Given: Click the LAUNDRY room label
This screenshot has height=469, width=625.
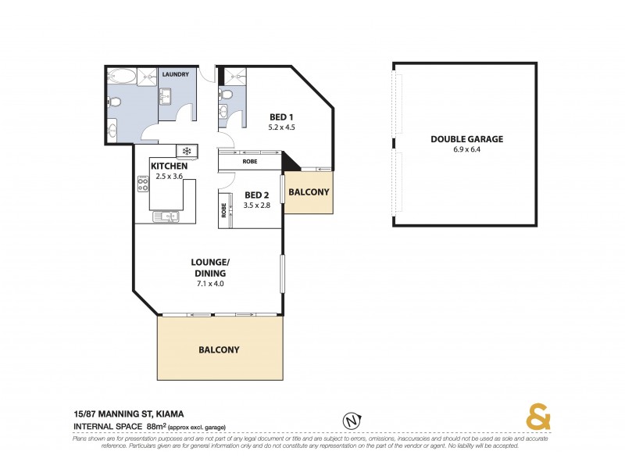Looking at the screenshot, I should coord(175,74).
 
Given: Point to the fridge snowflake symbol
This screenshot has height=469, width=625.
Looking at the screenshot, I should coord(187,150).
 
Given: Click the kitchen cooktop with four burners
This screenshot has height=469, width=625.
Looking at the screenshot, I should coord(143,184).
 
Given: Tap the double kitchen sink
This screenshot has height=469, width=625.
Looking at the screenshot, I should coord(166,217).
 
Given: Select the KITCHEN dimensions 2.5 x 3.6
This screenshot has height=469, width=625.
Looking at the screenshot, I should coord(169,177).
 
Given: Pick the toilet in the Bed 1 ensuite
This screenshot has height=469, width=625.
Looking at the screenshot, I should coord(227,95).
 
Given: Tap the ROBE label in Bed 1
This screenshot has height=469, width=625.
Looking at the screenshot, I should coord(250,162).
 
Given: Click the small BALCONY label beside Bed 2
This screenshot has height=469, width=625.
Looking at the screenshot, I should coord(309,192).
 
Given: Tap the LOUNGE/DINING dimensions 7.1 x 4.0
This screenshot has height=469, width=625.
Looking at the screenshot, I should coord(211,285).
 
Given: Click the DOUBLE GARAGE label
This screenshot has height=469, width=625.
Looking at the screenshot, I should coord(466,140).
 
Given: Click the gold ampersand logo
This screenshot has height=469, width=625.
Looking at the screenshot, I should coord(537,419).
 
